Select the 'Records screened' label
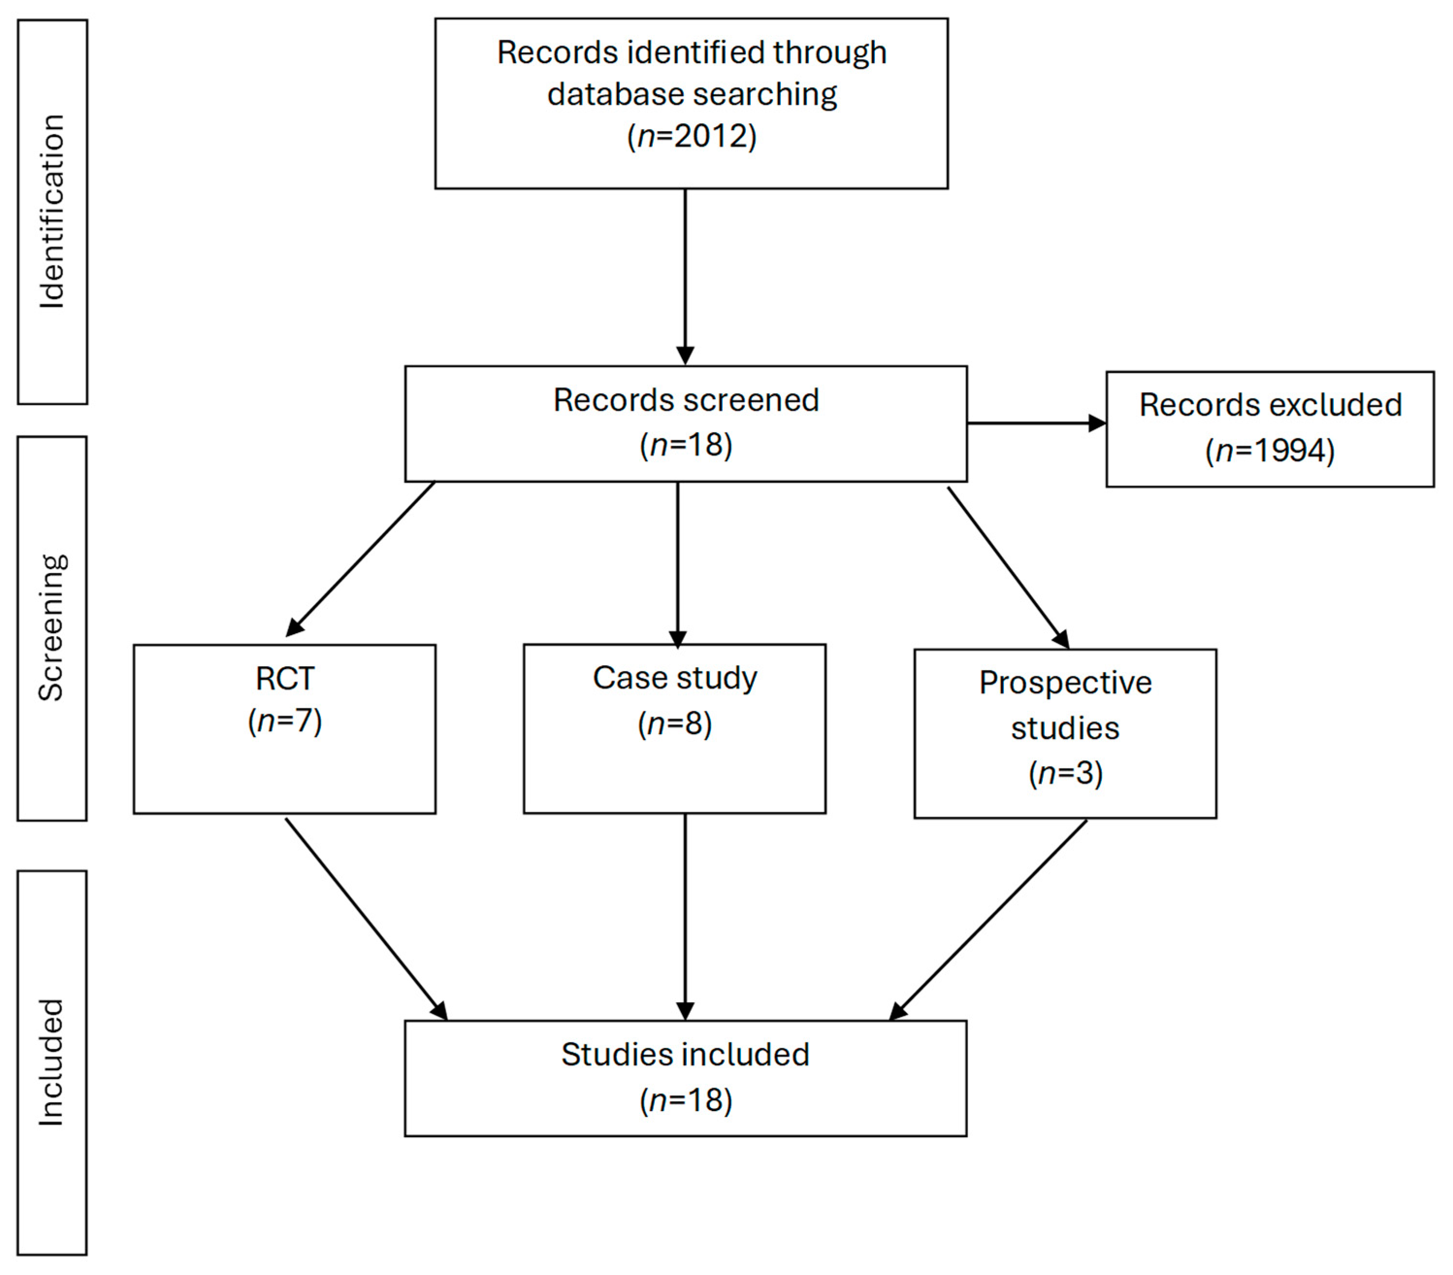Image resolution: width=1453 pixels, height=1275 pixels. pyautogui.click(x=686, y=400)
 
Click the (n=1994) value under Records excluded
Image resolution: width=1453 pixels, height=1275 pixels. pyautogui.click(x=1270, y=450)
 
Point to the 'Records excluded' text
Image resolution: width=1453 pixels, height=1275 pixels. pyautogui.click(x=1270, y=405)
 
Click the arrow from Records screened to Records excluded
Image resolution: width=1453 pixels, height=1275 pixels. pyautogui.click(x=1036, y=423)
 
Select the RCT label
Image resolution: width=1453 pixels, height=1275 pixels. pyautogui.click(x=284, y=678)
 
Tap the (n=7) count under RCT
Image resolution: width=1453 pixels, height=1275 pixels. pyautogui.click(x=284, y=721)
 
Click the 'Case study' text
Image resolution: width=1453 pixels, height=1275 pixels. pyautogui.click(x=675, y=678)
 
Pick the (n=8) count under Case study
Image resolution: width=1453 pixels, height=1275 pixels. pyautogui.click(x=675, y=724)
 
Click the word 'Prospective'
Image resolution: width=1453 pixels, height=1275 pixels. pyautogui.click(x=1065, y=683)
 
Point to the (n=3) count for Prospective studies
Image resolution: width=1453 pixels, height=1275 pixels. pyautogui.click(x=1065, y=773)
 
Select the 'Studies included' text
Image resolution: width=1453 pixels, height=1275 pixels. pyautogui.click(x=685, y=1054)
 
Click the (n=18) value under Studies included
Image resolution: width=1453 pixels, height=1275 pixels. pyautogui.click(x=685, y=1100)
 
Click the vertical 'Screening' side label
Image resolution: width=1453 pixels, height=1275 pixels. pyautogui.click(x=52, y=628)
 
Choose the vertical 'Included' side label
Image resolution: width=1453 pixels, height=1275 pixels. pyautogui.click(x=52, y=1062)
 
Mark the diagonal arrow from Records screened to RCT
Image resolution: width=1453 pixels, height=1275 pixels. pyautogui.click(x=360, y=559)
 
